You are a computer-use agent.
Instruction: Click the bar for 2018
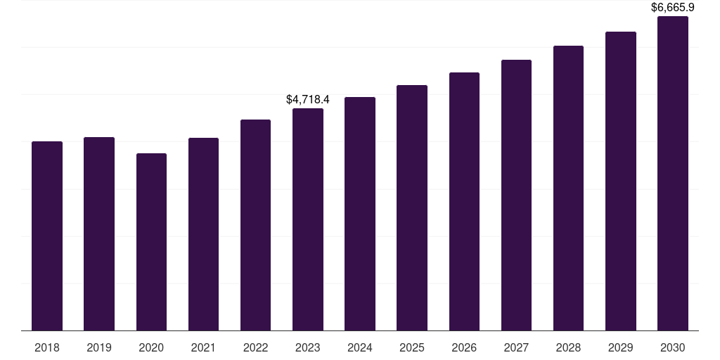47,236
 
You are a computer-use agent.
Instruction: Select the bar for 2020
151,242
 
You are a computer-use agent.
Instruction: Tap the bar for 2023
308,219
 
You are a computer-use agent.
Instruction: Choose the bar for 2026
464,201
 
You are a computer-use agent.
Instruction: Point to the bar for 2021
203,234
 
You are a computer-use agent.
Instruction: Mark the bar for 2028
568,188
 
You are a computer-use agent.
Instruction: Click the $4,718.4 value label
308,100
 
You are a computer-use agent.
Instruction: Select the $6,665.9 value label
673,8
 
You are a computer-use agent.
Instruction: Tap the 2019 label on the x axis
99,347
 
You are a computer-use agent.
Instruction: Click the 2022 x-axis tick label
256,347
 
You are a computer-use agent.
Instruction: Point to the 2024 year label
360,347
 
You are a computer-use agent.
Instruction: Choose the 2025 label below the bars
412,347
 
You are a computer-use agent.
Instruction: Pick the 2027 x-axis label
516,347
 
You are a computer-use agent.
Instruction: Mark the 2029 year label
621,347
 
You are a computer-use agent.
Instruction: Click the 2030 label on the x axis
673,347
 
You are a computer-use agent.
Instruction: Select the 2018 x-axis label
47,347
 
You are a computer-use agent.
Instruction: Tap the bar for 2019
99,233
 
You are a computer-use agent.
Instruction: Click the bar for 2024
360,214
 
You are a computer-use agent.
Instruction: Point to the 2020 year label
151,347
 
